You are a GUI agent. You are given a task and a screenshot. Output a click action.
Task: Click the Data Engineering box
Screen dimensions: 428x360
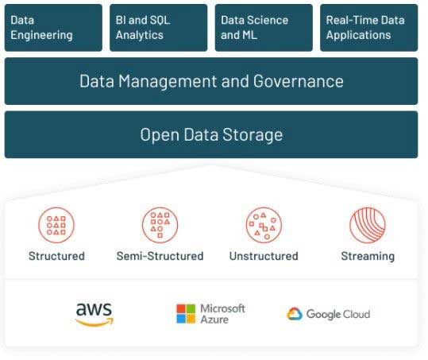tap(53, 28)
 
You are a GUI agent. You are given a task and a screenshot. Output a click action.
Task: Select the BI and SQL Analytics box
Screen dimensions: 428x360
tap(159, 28)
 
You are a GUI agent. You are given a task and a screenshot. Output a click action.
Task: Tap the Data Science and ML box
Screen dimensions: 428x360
tap(264, 28)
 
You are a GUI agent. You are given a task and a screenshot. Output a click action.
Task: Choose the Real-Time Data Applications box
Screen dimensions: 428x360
tap(369, 28)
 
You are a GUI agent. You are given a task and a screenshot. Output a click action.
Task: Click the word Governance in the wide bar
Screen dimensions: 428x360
tap(298, 81)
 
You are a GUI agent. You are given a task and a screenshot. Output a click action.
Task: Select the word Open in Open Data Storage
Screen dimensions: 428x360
tap(160, 135)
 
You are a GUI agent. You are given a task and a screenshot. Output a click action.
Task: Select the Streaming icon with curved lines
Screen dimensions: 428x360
tap(368, 226)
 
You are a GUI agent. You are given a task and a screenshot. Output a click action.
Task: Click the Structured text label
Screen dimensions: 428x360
tap(56, 256)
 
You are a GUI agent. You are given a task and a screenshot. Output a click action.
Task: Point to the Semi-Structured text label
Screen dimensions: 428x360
tap(160, 256)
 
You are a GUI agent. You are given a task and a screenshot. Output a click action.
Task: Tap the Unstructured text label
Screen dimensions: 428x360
tap(264, 256)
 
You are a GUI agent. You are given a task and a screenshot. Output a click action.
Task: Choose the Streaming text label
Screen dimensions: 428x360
tap(368, 257)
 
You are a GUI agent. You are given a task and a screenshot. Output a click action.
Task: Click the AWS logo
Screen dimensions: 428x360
tap(94, 315)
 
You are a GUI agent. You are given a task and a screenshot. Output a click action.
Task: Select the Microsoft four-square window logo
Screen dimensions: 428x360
tap(186, 314)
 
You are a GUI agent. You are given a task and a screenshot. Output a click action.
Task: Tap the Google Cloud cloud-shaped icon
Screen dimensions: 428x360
tap(295, 314)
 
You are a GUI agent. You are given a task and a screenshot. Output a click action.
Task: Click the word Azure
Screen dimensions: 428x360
tap(214, 319)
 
